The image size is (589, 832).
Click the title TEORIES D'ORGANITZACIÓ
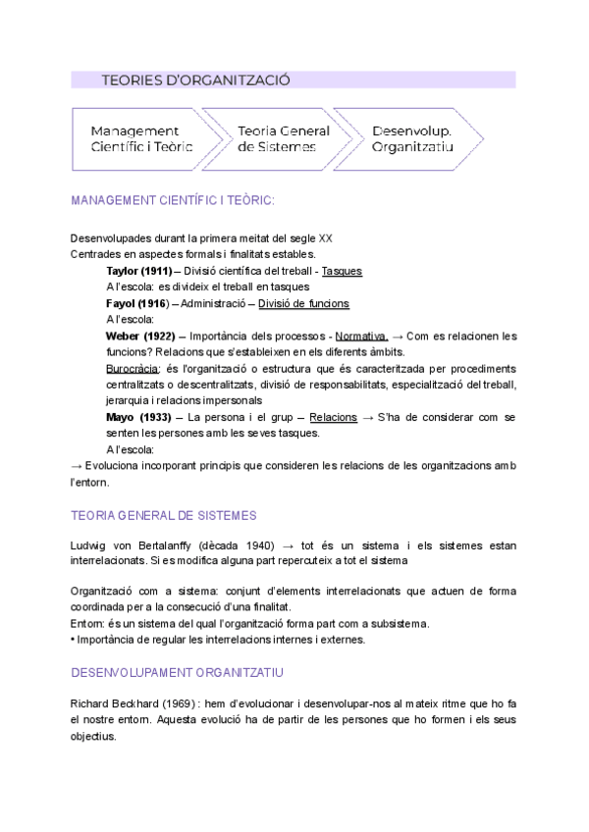[195, 80]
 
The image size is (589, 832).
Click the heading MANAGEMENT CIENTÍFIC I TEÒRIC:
[173, 200]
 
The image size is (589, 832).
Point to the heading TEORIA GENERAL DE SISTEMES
[164, 515]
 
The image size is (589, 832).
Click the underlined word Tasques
[342, 271]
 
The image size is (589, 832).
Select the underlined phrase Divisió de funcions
[303, 303]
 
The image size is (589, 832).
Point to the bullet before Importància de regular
[74, 640]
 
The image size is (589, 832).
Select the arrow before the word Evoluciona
[77, 465]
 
